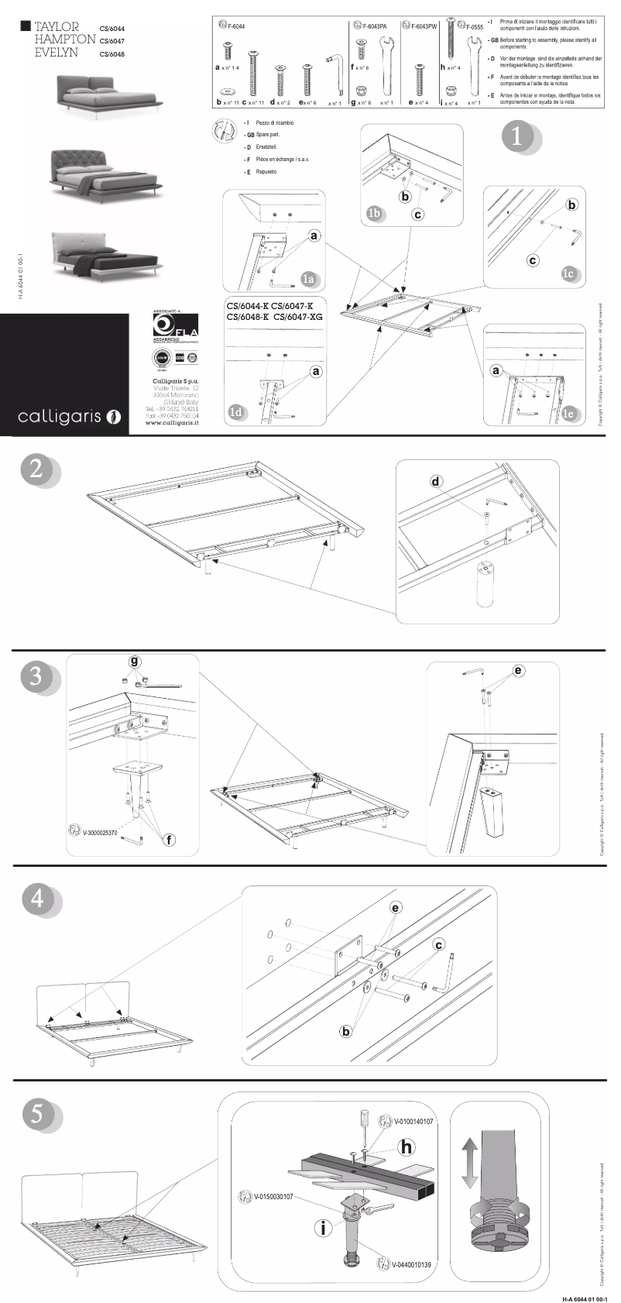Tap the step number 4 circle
pos(37,899)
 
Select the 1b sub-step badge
pos(375,211)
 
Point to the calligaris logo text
pos(60,417)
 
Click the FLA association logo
pos(175,325)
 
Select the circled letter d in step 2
pos(436,481)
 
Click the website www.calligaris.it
pos(171,423)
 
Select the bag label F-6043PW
pos(424,26)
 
